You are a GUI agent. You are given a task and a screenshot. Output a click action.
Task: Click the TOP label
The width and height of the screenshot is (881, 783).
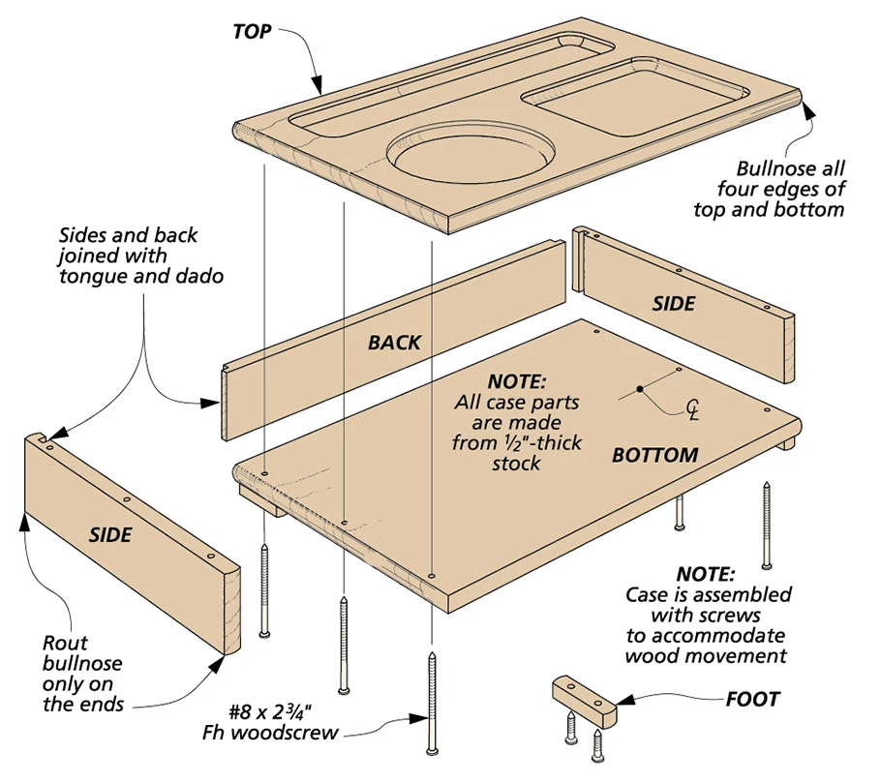[254, 30]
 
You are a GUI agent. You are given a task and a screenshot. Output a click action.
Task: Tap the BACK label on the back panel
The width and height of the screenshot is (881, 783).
[394, 342]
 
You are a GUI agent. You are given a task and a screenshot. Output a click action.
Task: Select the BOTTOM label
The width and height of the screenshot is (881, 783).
[654, 454]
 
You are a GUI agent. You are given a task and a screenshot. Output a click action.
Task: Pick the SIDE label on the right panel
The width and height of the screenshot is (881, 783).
[673, 303]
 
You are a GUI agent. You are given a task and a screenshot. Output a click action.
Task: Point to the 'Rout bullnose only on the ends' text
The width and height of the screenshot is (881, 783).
[83, 673]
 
